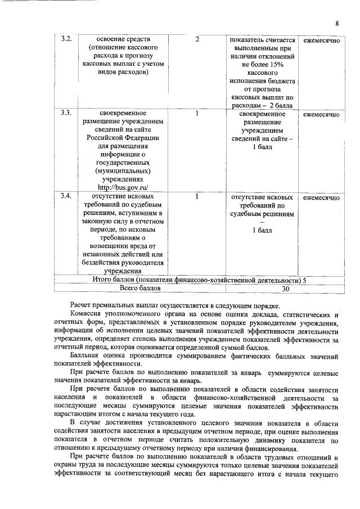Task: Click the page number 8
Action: pyautogui.click(x=336, y=23)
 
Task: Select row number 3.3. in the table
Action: pyautogui.click(x=66, y=114)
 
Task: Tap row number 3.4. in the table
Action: pyautogui.click(x=66, y=197)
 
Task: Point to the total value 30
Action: pyautogui.click(x=285, y=289)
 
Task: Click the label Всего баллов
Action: pyautogui.click(x=140, y=288)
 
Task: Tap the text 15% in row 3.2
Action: pyautogui.click(x=275, y=67)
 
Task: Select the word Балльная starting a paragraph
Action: pyautogui.click(x=85, y=357)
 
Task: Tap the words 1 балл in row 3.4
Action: pyautogui.click(x=262, y=231)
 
